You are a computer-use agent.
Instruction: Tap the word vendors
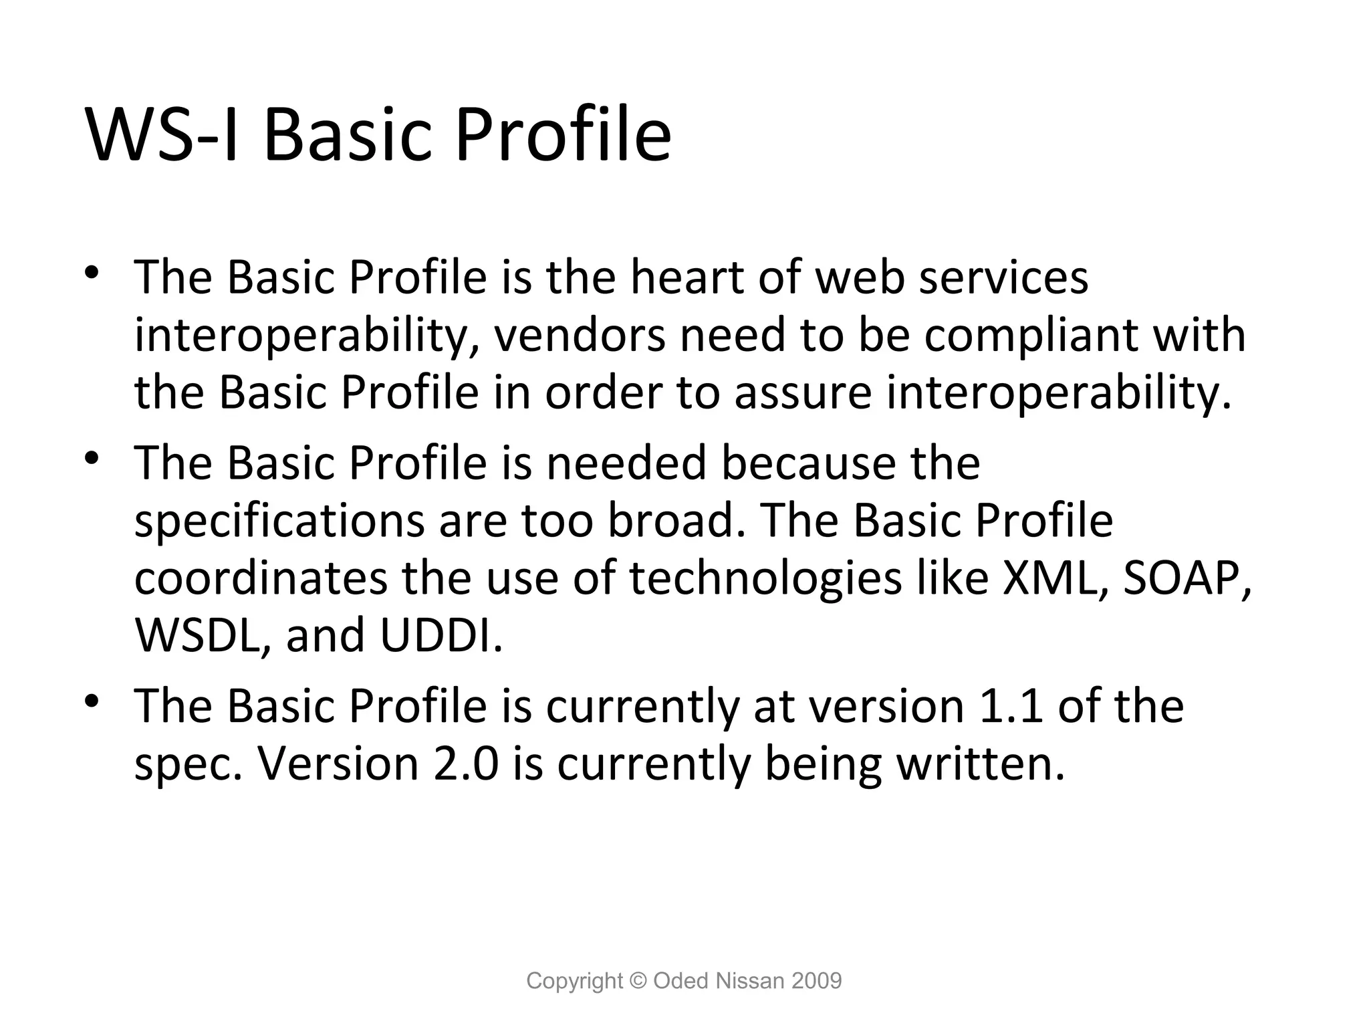[580, 335]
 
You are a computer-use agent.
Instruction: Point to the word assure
[803, 392]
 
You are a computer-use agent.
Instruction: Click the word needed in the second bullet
[626, 463]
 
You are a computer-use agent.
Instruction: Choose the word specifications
[279, 521]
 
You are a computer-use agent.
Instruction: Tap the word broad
[676, 521]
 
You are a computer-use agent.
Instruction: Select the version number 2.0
[466, 764]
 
